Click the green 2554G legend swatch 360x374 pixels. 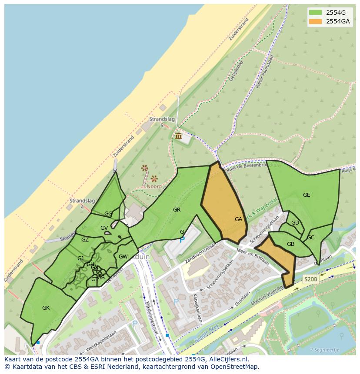pyautogui.click(x=315, y=12)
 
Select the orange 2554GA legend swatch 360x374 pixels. pyautogui.click(x=315, y=21)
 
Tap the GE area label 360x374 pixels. pyautogui.click(x=307, y=195)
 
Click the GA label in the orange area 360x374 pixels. pyautogui.click(x=238, y=219)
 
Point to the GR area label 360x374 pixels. pyautogui.click(x=177, y=210)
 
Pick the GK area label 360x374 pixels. pyautogui.click(x=46, y=308)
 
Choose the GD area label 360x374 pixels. pyautogui.click(x=295, y=223)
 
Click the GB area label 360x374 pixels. pyautogui.click(x=290, y=244)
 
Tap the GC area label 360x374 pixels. pyautogui.click(x=310, y=238)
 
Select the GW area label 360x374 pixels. pyautogui.click(x=123, y=257)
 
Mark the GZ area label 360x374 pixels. pyautogui.click(x=85, y=240)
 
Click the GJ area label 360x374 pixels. pyautogui.click(x=80, y=258)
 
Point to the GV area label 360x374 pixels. pyautogui.click(x=104, y=228)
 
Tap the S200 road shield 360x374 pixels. pyautogui.click(x=310, y=280)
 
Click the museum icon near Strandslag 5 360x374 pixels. pyautogui.click(x=178, y=136)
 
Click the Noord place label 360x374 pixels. pyautogui.click(x=154, y=186)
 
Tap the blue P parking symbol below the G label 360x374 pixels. pyautogui.click(x=182, y=239)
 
